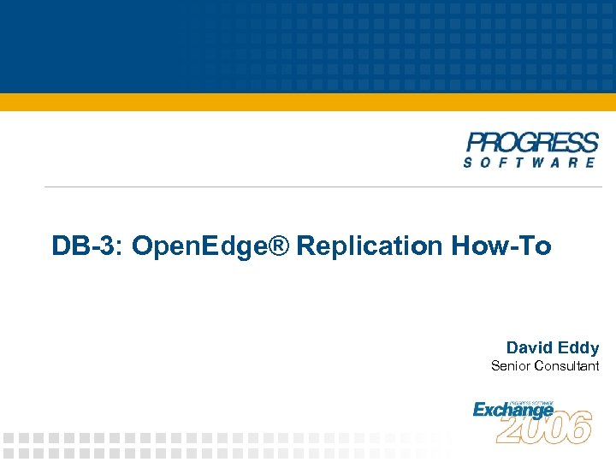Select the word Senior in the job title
pyautogui.click(x=510, y=366)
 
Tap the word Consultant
pyautogui.click(x=566, y=366)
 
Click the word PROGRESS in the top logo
pyautogui.click(x=532, y=142)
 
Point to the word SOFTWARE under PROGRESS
pyautogui.click(x=530, y=162)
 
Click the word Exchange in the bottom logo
pyautogui.click(x=513, y=410)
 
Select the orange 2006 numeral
pyautogui.click(x=544, y=427)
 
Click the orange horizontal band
pyautogui.click(x=308, y=102)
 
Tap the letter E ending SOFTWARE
pyautogui.click(x=590, y=162)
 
